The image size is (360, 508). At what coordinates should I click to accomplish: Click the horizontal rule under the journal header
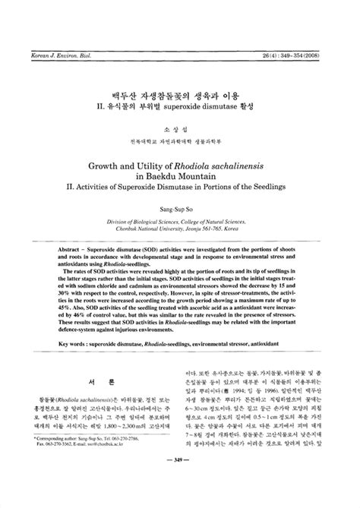tap(180, 20)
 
